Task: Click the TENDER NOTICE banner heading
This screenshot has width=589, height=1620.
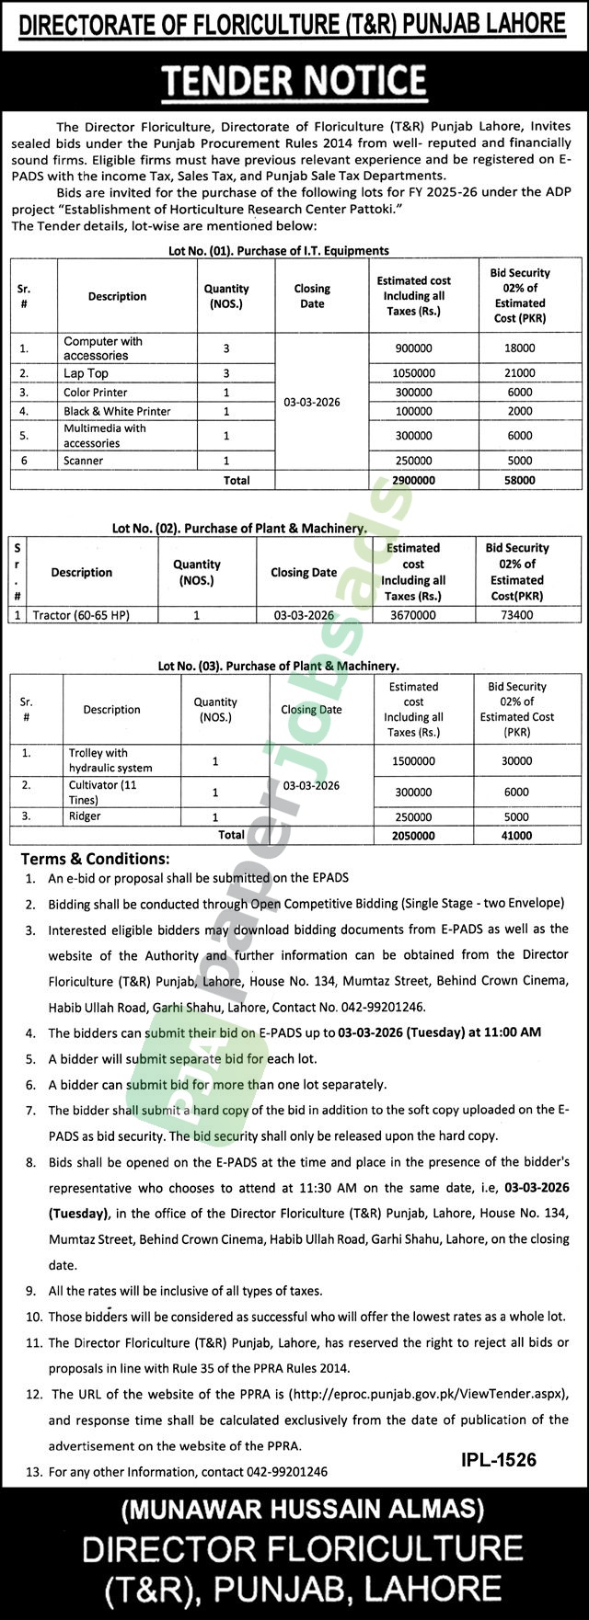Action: click(294, 83)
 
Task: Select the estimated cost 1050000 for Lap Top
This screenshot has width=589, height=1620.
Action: click(413, 373)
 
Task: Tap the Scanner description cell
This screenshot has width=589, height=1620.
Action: click(84, 461)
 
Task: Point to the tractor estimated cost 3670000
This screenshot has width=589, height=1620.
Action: click(412, 615)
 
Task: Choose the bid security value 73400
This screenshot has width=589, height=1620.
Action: click(517, 615)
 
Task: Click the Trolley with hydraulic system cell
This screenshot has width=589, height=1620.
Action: click(110, 760)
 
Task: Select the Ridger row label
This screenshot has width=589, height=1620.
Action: click(85, 816)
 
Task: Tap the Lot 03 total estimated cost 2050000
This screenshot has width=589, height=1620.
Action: click(412, 836)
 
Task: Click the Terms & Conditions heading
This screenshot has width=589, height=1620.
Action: click(96, 859)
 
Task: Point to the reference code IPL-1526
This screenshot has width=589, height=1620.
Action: click(496, 1460)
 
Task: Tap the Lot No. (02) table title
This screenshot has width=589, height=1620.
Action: click(239, 529)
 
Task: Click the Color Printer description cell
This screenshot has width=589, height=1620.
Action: click(96, 393)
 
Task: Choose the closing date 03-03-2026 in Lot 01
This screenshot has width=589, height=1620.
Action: click(312, 403)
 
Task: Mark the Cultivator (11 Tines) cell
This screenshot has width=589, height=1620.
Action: click(103, 792)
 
